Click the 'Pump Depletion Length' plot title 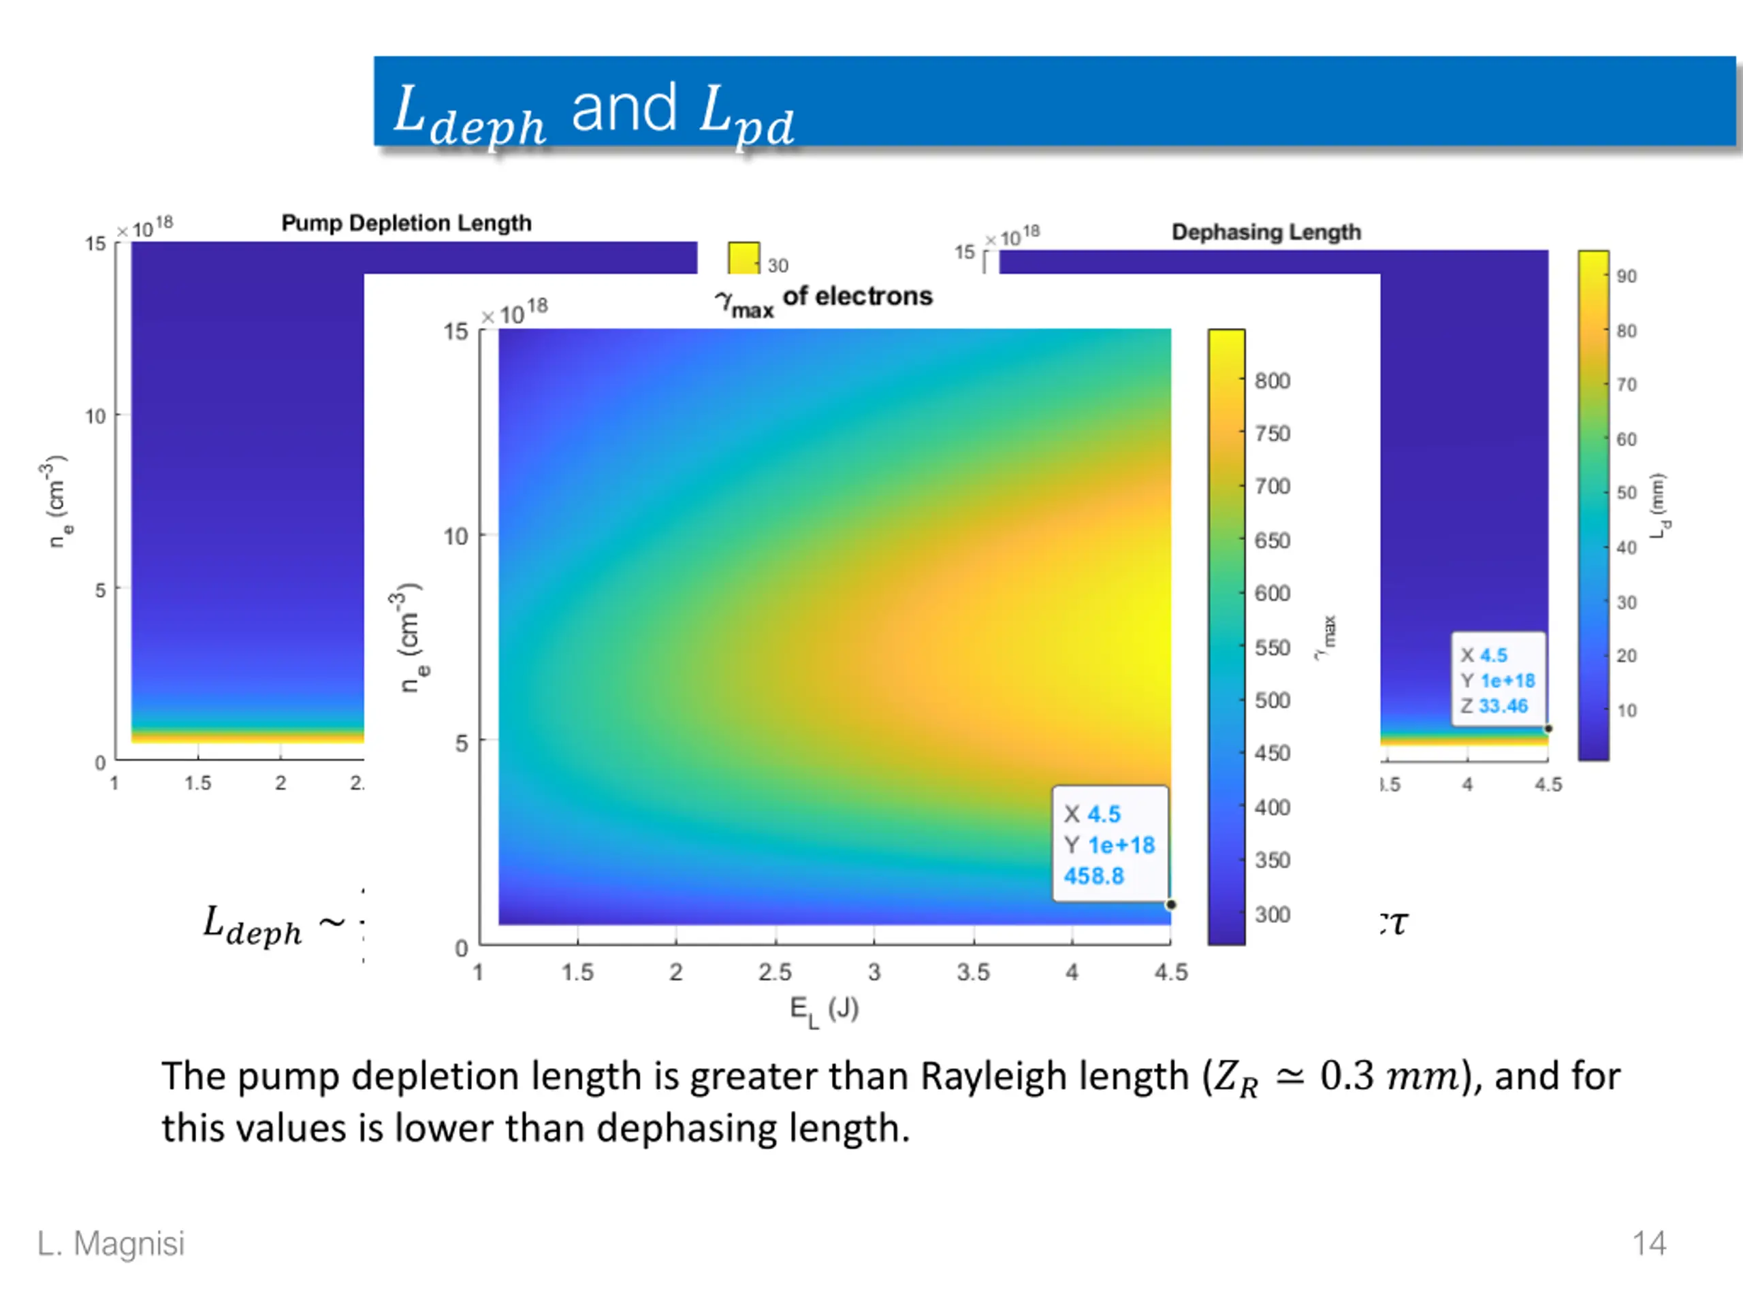(x=406, y=223)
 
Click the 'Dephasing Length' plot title (x=1266, y=231)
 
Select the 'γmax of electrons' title (x=823, y=299)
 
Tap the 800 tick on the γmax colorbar (x=1272, y=381)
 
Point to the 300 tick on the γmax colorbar (x=1272, y=915)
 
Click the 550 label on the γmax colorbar (x=1272, y=647)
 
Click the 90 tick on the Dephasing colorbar (x=1626, y=276)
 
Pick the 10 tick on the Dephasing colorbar (x=1626, y=711)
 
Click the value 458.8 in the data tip (x=1093, y=876)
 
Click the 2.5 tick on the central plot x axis (x=775, y=972)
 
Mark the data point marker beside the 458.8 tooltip (x=1171, y=905)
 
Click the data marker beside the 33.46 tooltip (x=1548, y=729)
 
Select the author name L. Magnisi (x=111, y=1243)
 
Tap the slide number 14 (x=1648, y=1243)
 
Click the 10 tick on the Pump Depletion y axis (x=95, y=417)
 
